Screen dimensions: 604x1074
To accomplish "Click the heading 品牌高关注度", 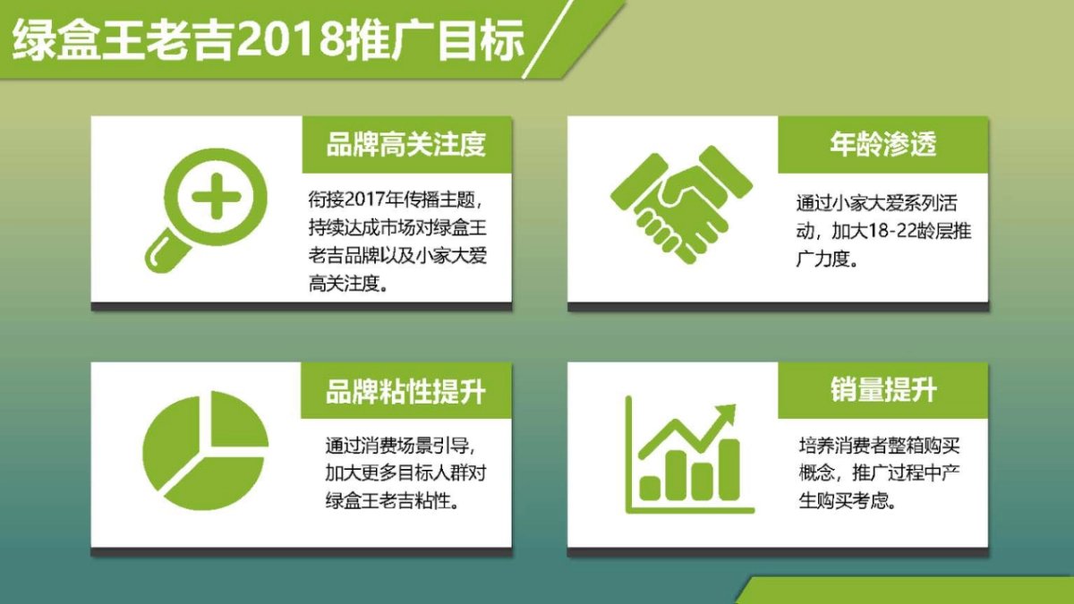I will pos(406,144).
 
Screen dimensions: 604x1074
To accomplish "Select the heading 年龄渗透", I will pos(882,144).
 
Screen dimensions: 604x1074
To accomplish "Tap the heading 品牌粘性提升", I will pos(406,391).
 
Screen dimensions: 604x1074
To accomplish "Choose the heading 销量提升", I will pos(882,391).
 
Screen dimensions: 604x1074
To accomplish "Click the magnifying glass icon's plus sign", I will pos(216,196).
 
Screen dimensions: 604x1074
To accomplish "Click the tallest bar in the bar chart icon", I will pos(730,469).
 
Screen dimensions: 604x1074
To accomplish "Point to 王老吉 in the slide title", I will pos(179,40).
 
